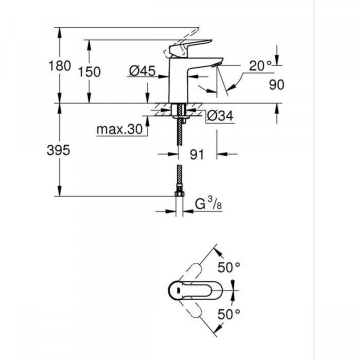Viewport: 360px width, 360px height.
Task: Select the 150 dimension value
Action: click(89, 71)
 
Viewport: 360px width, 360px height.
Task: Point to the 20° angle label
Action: click(261, 64)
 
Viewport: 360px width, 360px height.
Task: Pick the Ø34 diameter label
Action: click(218, 116)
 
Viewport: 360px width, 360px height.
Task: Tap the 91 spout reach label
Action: click(197, 154)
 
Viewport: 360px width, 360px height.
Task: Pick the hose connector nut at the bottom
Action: click(178, 192)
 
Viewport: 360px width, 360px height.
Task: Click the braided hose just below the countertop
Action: click(178, 135)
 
